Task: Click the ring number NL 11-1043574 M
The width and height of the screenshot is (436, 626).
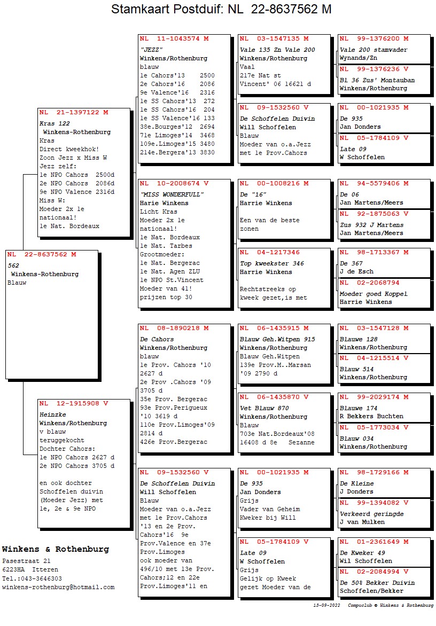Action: [x=174, y=39]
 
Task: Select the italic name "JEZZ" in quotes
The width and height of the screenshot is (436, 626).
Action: [x=151, y=50]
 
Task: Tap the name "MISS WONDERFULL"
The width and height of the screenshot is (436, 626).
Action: [x=172, y=194]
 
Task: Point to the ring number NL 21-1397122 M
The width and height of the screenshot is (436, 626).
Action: [x=74, y=113]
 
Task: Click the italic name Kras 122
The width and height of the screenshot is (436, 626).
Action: [x=54, y=123]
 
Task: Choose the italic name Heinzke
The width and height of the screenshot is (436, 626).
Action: [x=52, y=414]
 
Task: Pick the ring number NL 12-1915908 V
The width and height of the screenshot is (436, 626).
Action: [x=74, y=404]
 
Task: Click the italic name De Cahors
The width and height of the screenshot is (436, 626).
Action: [x=157, y=339]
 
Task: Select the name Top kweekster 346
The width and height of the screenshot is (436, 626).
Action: [x=272, y=263]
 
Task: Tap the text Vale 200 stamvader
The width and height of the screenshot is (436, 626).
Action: [x=373, y=50]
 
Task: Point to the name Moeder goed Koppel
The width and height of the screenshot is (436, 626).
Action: [x=373, y=294]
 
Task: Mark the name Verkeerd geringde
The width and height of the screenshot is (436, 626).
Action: [x=371, y=514]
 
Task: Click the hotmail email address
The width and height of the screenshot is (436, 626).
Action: [x=58, y=587]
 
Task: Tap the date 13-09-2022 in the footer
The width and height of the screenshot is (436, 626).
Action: [x=326, y=606]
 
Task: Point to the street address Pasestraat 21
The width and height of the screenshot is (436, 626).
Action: [x=26, y=561]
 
